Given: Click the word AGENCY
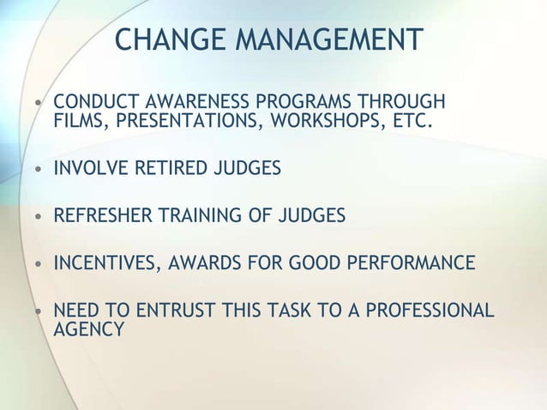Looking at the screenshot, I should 88,329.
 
